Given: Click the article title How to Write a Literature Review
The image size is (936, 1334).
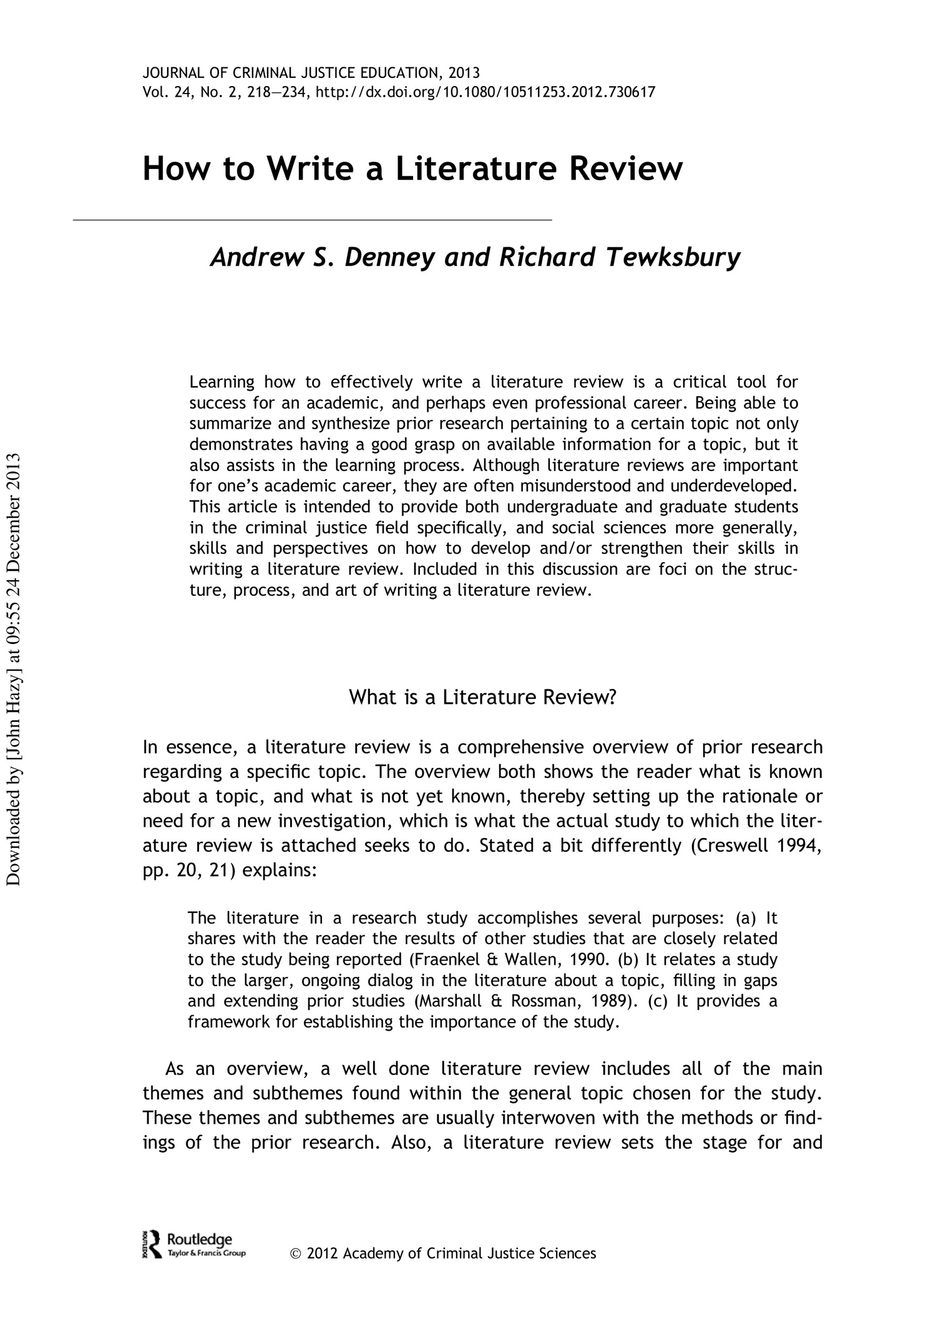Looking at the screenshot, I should tap(412, 169).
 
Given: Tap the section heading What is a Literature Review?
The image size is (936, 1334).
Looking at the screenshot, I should tap(482, 697).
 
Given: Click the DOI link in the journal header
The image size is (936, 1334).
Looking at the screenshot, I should tap(486, 93).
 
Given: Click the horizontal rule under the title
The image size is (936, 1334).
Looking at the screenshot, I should tap(312, 220).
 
